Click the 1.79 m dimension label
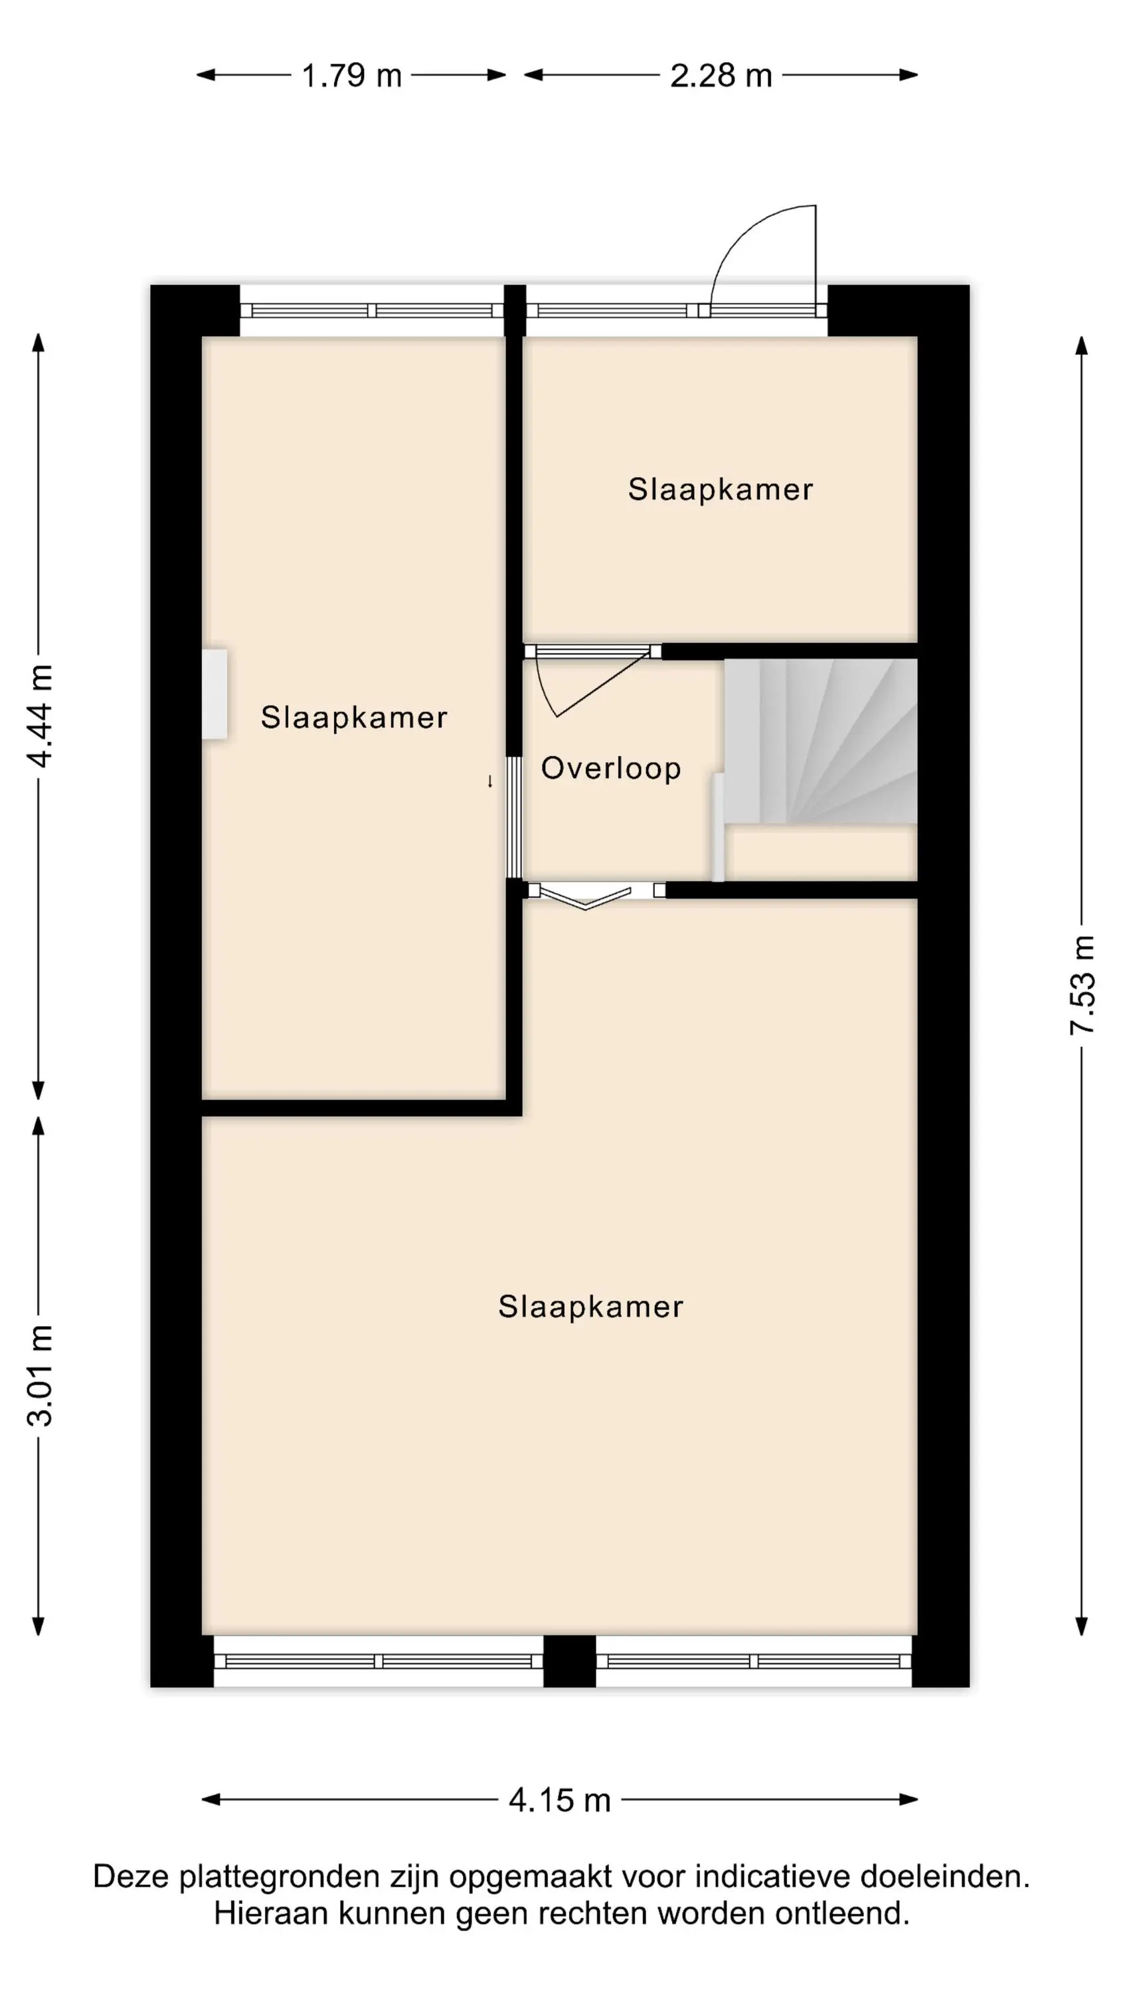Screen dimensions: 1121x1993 coord(351,76)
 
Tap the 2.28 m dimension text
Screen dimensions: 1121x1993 coord(721,76)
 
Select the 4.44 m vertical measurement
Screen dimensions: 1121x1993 coord(39,715)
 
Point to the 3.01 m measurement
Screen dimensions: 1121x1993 coord(39,1375)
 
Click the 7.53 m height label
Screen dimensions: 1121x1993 coord(1082,985)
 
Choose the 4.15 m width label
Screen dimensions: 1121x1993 coord(559,1800)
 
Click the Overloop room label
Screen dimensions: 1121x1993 coord(610,768)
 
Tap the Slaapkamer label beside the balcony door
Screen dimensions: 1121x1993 coord(721,489)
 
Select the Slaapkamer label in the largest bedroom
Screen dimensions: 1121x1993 coord(590,1307)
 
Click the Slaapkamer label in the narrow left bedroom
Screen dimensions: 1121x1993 coord(353,717)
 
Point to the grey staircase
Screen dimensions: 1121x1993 coord(820,741)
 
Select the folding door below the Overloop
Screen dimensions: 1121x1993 coord(586,898)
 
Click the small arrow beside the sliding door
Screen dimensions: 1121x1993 coord(489,781)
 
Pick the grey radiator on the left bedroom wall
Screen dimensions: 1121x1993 coord(215,693)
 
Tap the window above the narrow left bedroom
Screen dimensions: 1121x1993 coord(372,310)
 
